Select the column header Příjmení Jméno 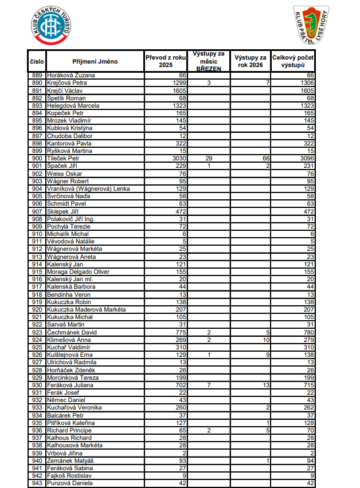click(95, 61)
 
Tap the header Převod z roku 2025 click(166, 61)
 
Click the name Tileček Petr click(63, 158)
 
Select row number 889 click(37, 75)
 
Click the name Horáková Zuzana click(71, 75)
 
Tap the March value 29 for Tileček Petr click(209, 158)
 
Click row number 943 click(37, 483)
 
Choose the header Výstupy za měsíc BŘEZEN click(209, 61)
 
